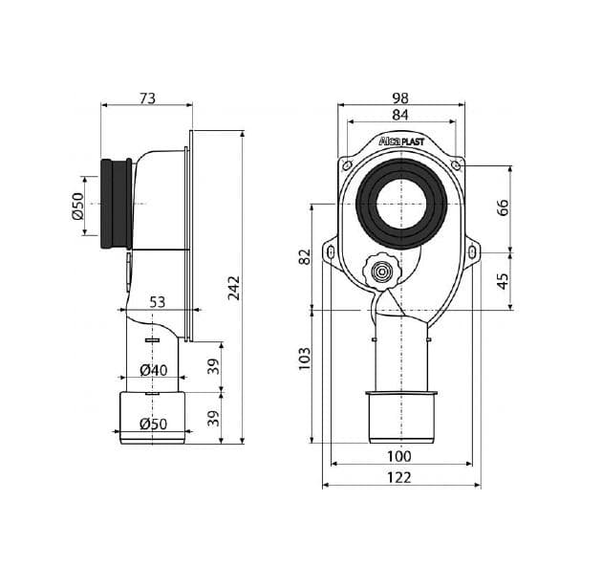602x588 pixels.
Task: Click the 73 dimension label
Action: (147, 98)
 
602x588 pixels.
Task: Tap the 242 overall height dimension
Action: (233, 288)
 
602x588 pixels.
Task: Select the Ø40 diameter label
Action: (154, 370)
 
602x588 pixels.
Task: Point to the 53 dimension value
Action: (157, 302)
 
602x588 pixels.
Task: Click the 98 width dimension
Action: (400, 98)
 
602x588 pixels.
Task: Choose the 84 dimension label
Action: (400, 115)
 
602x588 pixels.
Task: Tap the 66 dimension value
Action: (503, 207)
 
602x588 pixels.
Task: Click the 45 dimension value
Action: (503, 281)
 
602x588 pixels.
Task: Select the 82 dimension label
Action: (305, 256)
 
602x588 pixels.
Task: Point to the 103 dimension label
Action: (305, 359)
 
